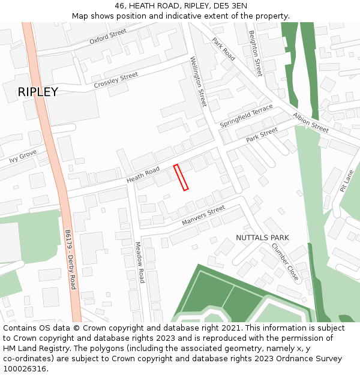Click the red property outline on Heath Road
point(181,178)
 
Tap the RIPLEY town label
point(38,92)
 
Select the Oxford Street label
point(108,37)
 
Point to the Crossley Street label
point(116,80)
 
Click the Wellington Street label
point(198,82)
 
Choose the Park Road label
point(223,49)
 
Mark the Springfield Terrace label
point(246,116)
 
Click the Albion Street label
point(311,122)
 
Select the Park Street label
point(262,135)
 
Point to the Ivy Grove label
point(23,157)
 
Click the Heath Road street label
point(143,175)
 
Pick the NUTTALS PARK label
point(262,238)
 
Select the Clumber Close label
point(284,262)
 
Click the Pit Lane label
point(346,180)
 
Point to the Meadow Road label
point(140,262)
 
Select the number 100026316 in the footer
point(24,369)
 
